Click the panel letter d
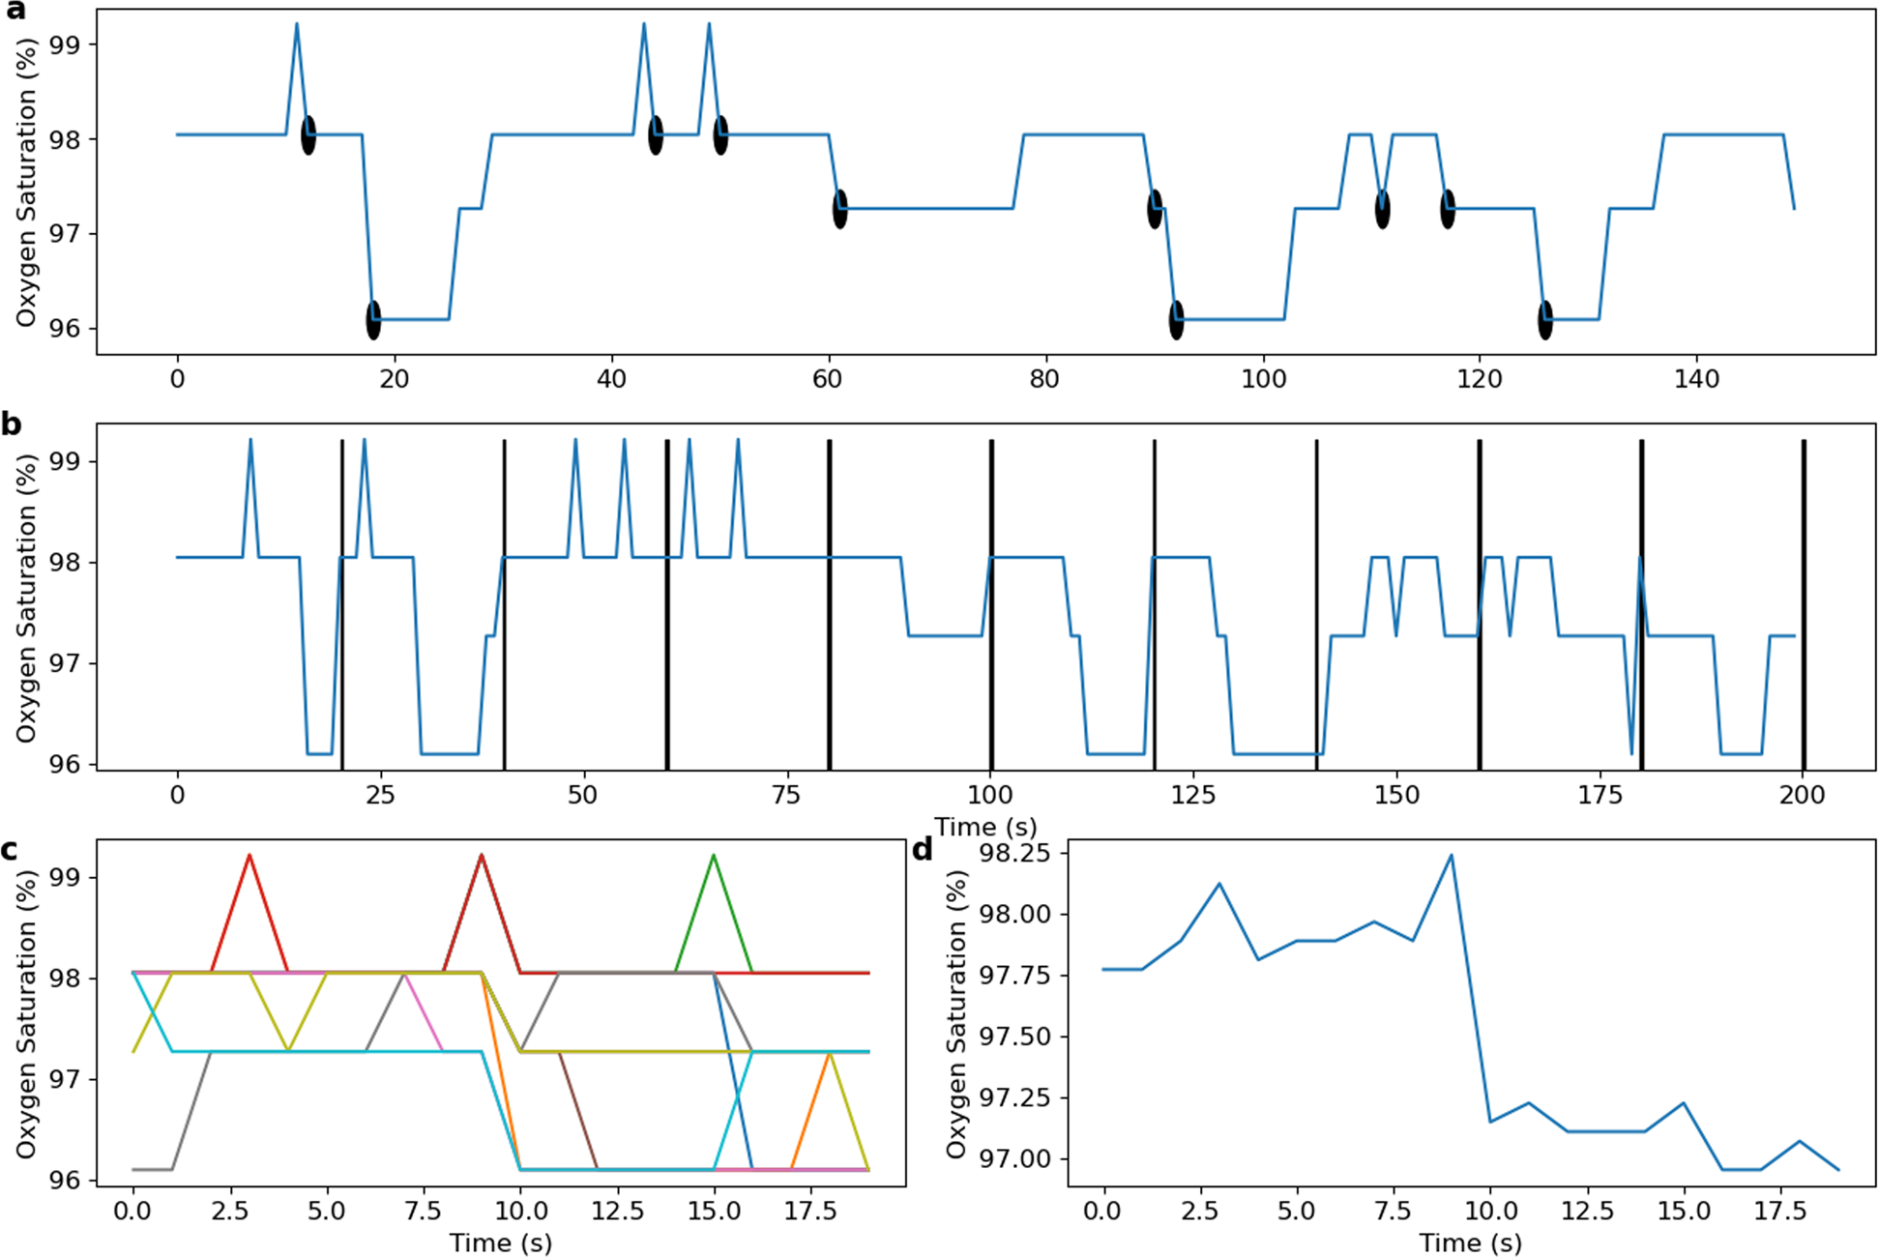[924, 850]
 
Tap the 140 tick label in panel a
[1696, 379]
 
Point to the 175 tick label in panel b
[1600, 795]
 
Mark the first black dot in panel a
[308, 135]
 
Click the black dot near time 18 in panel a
[373, 320]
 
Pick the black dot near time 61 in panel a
[840, 209]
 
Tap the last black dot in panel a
[1545, 320]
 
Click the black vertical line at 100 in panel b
[991, 604]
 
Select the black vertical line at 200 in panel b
[1804, 604]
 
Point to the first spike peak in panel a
[297, 24]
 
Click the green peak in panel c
[714, 856]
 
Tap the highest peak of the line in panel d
[1451, 855]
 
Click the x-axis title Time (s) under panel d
[1470, 1242]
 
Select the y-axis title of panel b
[26, 598]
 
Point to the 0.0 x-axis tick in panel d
[1102, 1211]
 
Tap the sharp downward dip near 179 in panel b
[1631, 752]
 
